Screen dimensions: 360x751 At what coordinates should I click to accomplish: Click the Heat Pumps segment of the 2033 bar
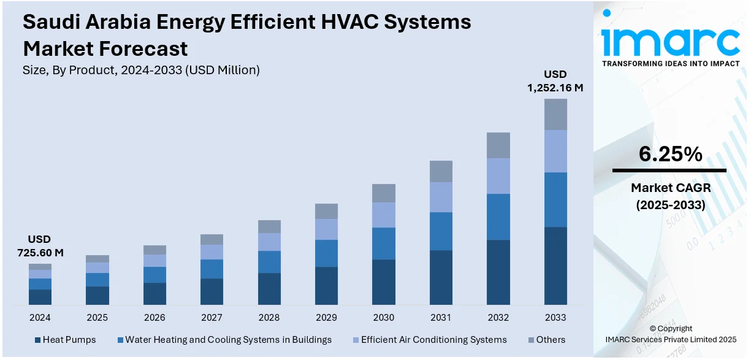(x=555, y=266)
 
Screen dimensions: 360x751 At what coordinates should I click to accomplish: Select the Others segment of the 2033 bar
(x=555, y=114)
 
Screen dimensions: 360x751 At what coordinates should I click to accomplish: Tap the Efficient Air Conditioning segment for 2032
(x=498, y=176)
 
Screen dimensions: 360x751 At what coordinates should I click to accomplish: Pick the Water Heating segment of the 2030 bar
(x=384, y=243)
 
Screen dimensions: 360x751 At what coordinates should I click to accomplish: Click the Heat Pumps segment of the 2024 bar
(x=40, y=297)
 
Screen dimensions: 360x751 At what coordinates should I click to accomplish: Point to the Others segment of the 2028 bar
(x=269, y=226)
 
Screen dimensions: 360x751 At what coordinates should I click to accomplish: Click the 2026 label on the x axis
(x=154, y=318)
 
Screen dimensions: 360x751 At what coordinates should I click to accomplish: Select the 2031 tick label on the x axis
(x=441, y=318)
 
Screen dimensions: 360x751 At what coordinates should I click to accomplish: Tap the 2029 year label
(x=326, y=318)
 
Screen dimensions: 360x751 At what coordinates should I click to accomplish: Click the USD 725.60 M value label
(x=40, y=245)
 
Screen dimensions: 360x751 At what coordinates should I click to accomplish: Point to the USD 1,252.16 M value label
(x=555, y=81)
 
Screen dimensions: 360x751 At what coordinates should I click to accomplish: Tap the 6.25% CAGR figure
(x=670, y=155)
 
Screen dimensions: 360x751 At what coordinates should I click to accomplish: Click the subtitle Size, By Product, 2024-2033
(x=141, y=70)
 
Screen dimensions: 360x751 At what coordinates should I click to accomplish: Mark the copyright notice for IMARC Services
(x=671, y=334)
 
